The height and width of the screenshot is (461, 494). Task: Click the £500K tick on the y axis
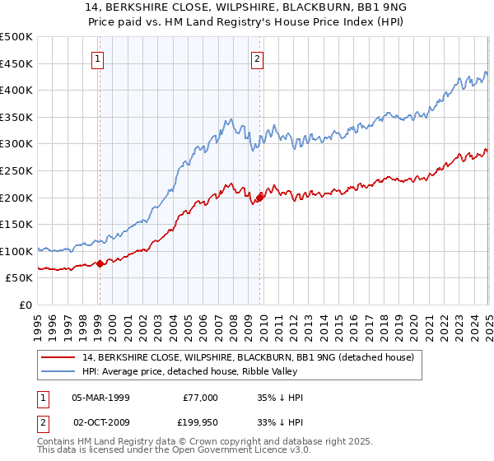tap(16, 37)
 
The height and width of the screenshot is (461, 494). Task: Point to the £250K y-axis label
tap(16, 170)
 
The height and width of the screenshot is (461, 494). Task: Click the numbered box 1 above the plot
tap(99, 58)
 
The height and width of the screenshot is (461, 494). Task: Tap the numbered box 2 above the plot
tap(258, 58)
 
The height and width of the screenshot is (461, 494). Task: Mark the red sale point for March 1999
tap(100, 263)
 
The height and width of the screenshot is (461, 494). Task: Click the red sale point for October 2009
tap(259, 198)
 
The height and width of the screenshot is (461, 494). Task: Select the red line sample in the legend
tap(58, 356)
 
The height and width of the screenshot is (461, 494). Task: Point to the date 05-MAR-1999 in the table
tap(100, 398)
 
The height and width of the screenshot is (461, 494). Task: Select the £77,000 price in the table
tap(201, 398)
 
